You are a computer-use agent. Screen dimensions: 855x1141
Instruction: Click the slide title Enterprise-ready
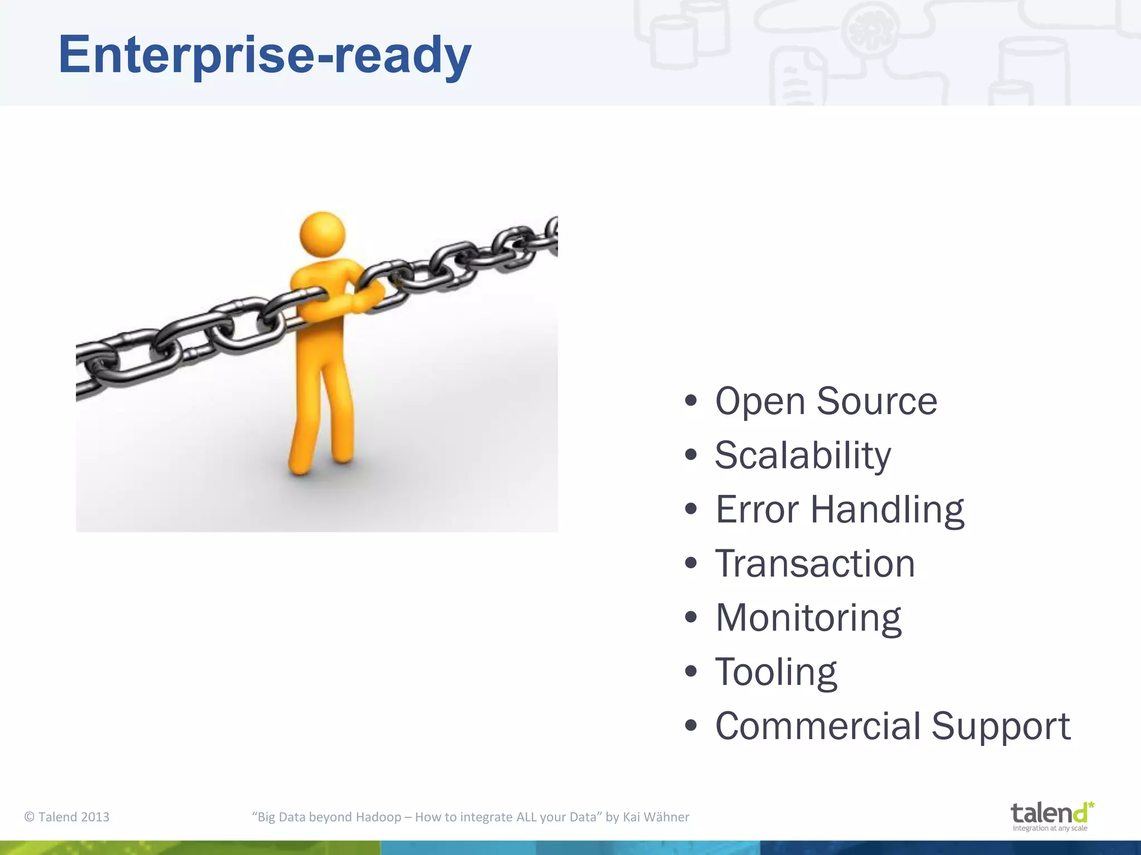coord(265,55)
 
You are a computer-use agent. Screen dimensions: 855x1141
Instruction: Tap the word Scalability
coord(802,455)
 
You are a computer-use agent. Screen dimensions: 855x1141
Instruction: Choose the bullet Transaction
coord(815,563)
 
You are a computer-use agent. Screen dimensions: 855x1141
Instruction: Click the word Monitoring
coord(808,618)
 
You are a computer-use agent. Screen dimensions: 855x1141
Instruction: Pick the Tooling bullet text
coord(776,672)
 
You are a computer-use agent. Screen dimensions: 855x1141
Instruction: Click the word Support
coord(1001,727)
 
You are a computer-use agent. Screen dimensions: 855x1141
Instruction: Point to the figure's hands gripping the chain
coord(365,295)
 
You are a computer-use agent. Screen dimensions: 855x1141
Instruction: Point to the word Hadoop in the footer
coord(378,817)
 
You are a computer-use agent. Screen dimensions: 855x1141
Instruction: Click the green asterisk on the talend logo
coord(1090,805)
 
